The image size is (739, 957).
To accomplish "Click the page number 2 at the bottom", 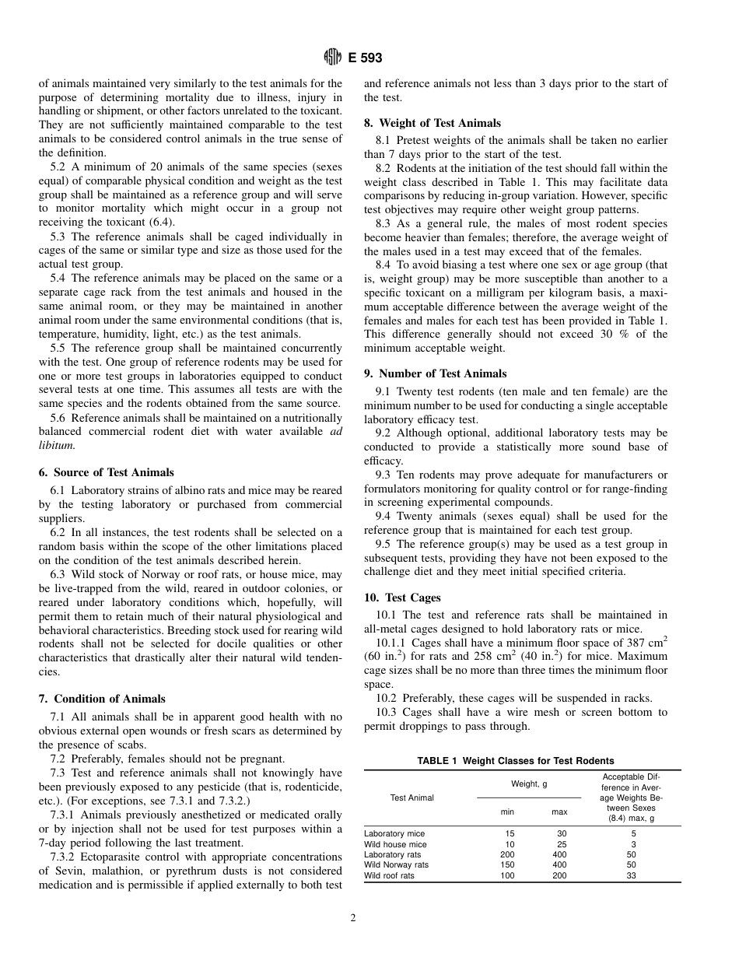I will point(352,918).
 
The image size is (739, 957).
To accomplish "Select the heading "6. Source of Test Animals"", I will point(106,472).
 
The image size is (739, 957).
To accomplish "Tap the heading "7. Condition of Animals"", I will point(102,699).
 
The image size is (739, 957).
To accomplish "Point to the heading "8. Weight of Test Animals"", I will point(433,123).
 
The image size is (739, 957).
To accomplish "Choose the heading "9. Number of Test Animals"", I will point(435,373).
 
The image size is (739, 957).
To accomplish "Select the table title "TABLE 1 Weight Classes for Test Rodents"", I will point(515,761).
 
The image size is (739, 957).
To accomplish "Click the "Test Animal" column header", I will point(412,797).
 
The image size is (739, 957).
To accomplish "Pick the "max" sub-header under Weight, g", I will point(559,812).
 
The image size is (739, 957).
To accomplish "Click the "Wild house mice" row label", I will point(395,844).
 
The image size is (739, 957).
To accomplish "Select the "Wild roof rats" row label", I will point(389,875).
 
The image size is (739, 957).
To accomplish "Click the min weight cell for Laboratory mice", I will point(510,834).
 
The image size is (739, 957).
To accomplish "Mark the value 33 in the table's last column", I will point(630,875).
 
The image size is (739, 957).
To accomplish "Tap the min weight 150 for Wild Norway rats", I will point(507,864).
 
